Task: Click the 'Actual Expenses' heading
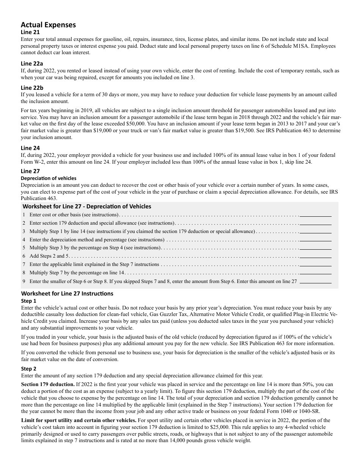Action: [x=48, y=25]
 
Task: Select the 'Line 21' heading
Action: [x=30, y=33]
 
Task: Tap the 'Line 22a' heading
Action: [x=32, y=64]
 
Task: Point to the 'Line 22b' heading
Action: [x=32, y=88]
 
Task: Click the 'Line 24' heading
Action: [x=30, y=148]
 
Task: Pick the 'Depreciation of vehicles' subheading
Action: [x=49, y=178]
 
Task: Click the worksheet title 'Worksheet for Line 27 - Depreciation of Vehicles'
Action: [x=87, y=206]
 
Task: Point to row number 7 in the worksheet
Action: [x=24, y=264]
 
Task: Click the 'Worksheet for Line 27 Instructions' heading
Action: [x=67, y=294]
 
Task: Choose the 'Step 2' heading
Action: [x=29, y=369]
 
